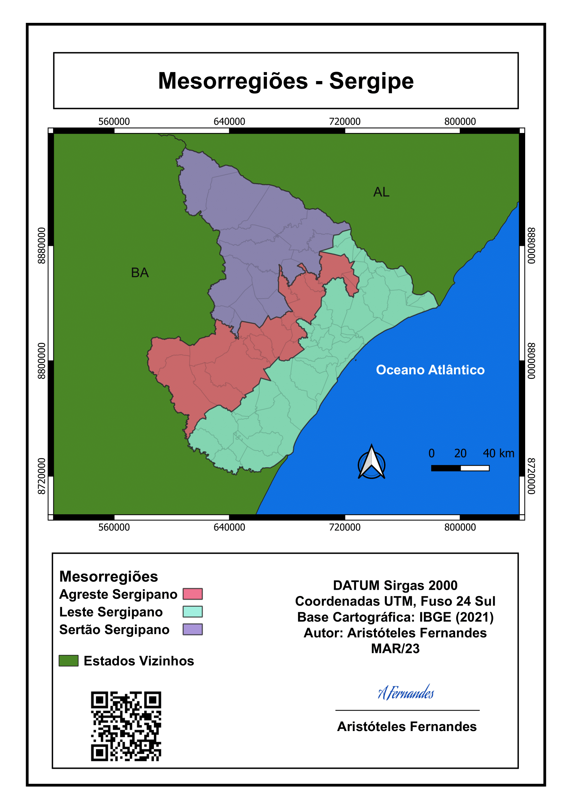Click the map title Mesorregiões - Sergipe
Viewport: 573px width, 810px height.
tap(286, 81)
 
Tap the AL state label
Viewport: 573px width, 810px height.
tap(381, 192)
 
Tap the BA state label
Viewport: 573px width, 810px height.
tap(140, 273)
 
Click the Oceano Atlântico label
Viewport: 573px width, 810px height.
tap(430, 370)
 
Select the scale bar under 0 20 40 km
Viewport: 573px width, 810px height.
tap(460, 468)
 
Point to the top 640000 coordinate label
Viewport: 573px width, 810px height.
tap(229, 122)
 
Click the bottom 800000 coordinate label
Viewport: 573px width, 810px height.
tap(460, 527)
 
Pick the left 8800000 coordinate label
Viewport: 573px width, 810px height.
tap(42, 361)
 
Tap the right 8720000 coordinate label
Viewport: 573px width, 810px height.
tap(531, 476)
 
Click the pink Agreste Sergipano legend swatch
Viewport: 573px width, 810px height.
tap(192, 594)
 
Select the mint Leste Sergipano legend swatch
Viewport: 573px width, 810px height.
tap(192, 611)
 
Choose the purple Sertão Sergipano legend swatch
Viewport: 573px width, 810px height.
tap(192, 629)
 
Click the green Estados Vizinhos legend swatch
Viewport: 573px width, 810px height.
tap(69, 660)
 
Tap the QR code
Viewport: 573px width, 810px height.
tap(126, 726)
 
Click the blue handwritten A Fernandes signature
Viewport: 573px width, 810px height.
tap(406, 693)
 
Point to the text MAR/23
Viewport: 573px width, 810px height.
tap(395, 648)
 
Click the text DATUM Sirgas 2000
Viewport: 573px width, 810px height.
tap(395, 585)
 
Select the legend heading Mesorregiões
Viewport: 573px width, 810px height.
tap(108, 577)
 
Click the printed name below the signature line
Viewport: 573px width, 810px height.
tap(407, 727)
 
